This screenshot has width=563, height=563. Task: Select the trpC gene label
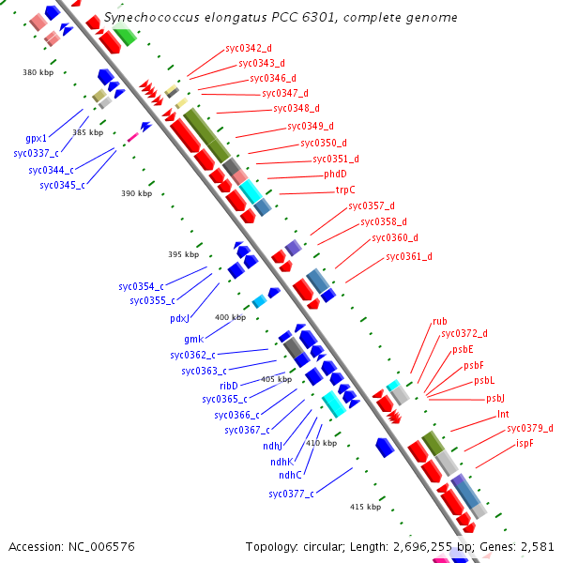pyautogui.click(x=345, y=190)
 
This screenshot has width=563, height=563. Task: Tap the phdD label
pyautogui.click(x=336, y=174)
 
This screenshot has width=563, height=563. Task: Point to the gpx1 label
pyautogui.click(x=37, y=138)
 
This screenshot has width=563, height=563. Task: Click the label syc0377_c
pyautogui.click(x=291, y=494)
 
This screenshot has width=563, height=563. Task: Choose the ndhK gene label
pyautogui.click(x=281, y=462)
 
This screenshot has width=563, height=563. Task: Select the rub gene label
pyautogui.click(x=439, y=321)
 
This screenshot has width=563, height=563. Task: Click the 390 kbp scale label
pyautogui.click(x=136, y=193)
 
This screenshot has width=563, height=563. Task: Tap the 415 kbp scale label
pyautogui.click(x=365, y=507)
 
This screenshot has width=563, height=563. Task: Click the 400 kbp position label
pyautogui.click(x=230, y=317)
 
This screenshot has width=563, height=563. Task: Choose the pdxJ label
pyautogui.click(x=180, y=318)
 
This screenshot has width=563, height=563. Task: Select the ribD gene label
pyautogui.click(x=229, y=386)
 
